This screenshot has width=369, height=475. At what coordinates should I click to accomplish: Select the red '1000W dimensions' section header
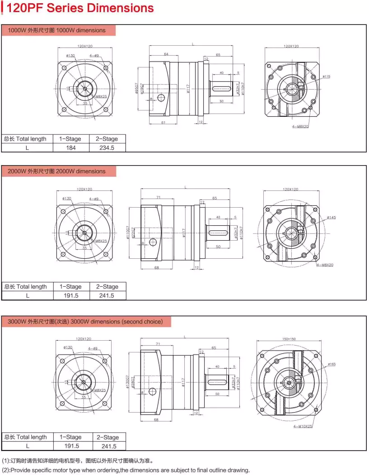[x=59, y=30]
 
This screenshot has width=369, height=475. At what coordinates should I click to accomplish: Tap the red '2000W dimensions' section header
[x=59, y=171]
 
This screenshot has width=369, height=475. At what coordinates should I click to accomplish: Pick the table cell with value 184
[x=70, y=147]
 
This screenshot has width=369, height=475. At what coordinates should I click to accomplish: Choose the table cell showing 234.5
[x=107, y=147]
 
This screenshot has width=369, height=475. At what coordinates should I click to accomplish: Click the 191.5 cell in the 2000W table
[x=70, y=295]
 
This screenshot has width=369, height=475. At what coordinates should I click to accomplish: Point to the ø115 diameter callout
[x=326, y=76]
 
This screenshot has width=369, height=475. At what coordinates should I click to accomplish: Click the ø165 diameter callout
[x=332, y=364]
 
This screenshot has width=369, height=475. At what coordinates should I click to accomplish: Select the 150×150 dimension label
[x=289, y=339]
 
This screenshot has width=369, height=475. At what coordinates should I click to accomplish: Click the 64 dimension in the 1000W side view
[x=166, y=54]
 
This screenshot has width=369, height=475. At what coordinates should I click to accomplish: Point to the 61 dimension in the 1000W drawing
[x=163, y=123]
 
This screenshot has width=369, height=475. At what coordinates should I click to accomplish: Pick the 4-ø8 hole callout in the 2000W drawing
[x=93, y=199]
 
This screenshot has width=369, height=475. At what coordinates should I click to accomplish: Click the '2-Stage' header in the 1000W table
[x=107, y=139]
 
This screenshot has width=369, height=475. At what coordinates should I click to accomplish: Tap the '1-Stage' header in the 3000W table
[x=70, y=437]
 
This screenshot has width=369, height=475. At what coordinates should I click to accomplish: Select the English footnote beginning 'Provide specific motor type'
[x=126, y=470]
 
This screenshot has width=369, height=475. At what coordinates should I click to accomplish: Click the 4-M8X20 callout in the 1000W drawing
[x=300, y=127]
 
